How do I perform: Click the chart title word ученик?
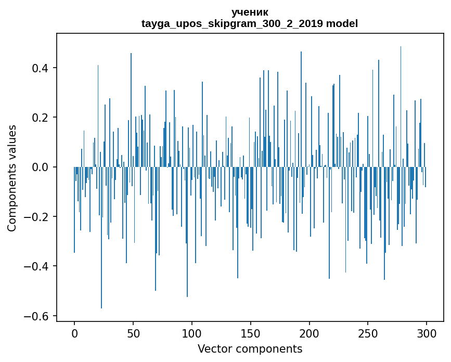pyautogui.click(x=250, y=12)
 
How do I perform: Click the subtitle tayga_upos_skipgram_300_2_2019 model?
pyautogui.click(x=250, y=23)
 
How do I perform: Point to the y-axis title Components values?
pyautogui.click(x=12, y=178)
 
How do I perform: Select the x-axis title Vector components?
pyautogui.click(x=250, y=348)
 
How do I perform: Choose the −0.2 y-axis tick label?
pyautogui.click(x=37, y=217)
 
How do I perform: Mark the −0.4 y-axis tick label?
pyautogui.click(x=37, y=266)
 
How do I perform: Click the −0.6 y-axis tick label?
pyautogui.click(x=37, y=316)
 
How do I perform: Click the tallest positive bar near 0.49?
pyautogui.click(x=401, y=104)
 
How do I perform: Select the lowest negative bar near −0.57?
pyautogui.click(x=101, y=239)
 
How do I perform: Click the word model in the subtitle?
pyautogui.click(x=342, y=23)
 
